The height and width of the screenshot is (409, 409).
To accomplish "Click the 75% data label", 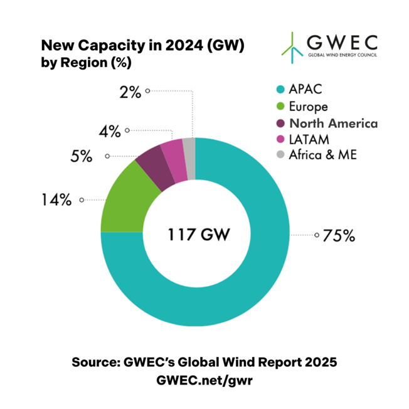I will (339, 236).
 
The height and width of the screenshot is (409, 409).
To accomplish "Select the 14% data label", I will (58, 201).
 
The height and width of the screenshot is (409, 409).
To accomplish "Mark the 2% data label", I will (130, 92).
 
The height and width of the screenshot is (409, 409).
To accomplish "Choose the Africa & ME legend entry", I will (323, 154).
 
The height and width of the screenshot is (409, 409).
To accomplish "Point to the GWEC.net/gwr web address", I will (204, 380).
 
